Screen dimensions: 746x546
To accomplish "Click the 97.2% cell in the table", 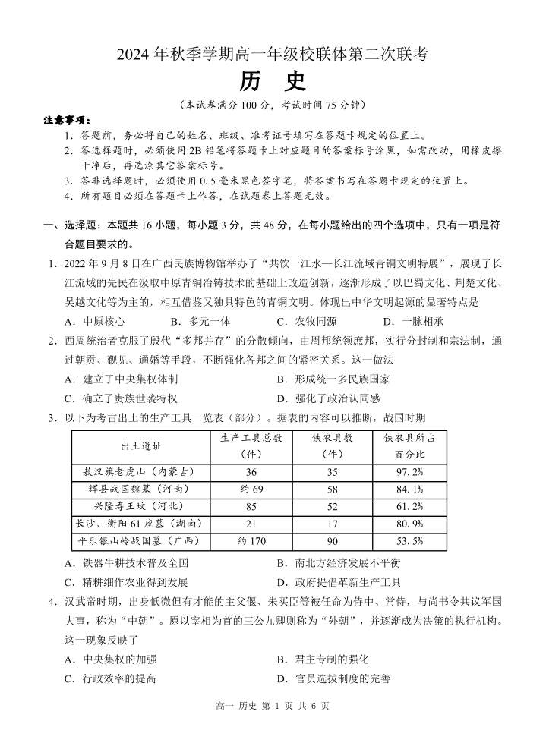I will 409,471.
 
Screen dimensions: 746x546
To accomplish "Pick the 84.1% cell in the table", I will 409,489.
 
